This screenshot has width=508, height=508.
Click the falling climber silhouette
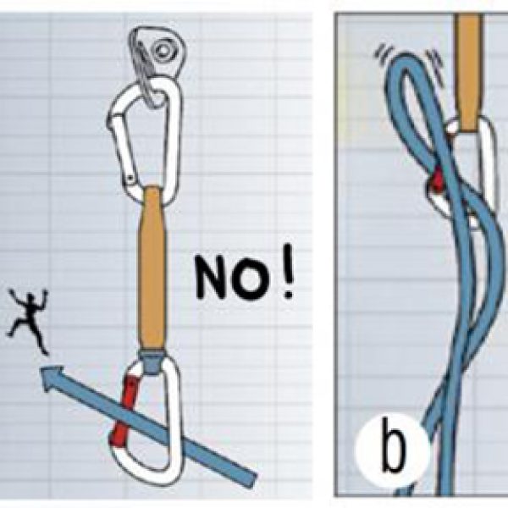pyautogui.click(x=29, y=321)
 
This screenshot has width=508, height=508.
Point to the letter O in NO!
pyautogui.click(x=251, y=278)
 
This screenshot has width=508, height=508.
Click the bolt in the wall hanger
pyautogui.click(x=163, y=50)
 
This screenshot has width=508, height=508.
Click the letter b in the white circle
pyautogui.click(x=393, y=446)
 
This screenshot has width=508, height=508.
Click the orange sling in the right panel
pyautogui.click(x=468, y=72)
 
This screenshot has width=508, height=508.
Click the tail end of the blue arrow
pyautogui.click(x=251, y=479)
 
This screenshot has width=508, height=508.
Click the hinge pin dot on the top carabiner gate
pyautogui.click(x=130, y=178)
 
